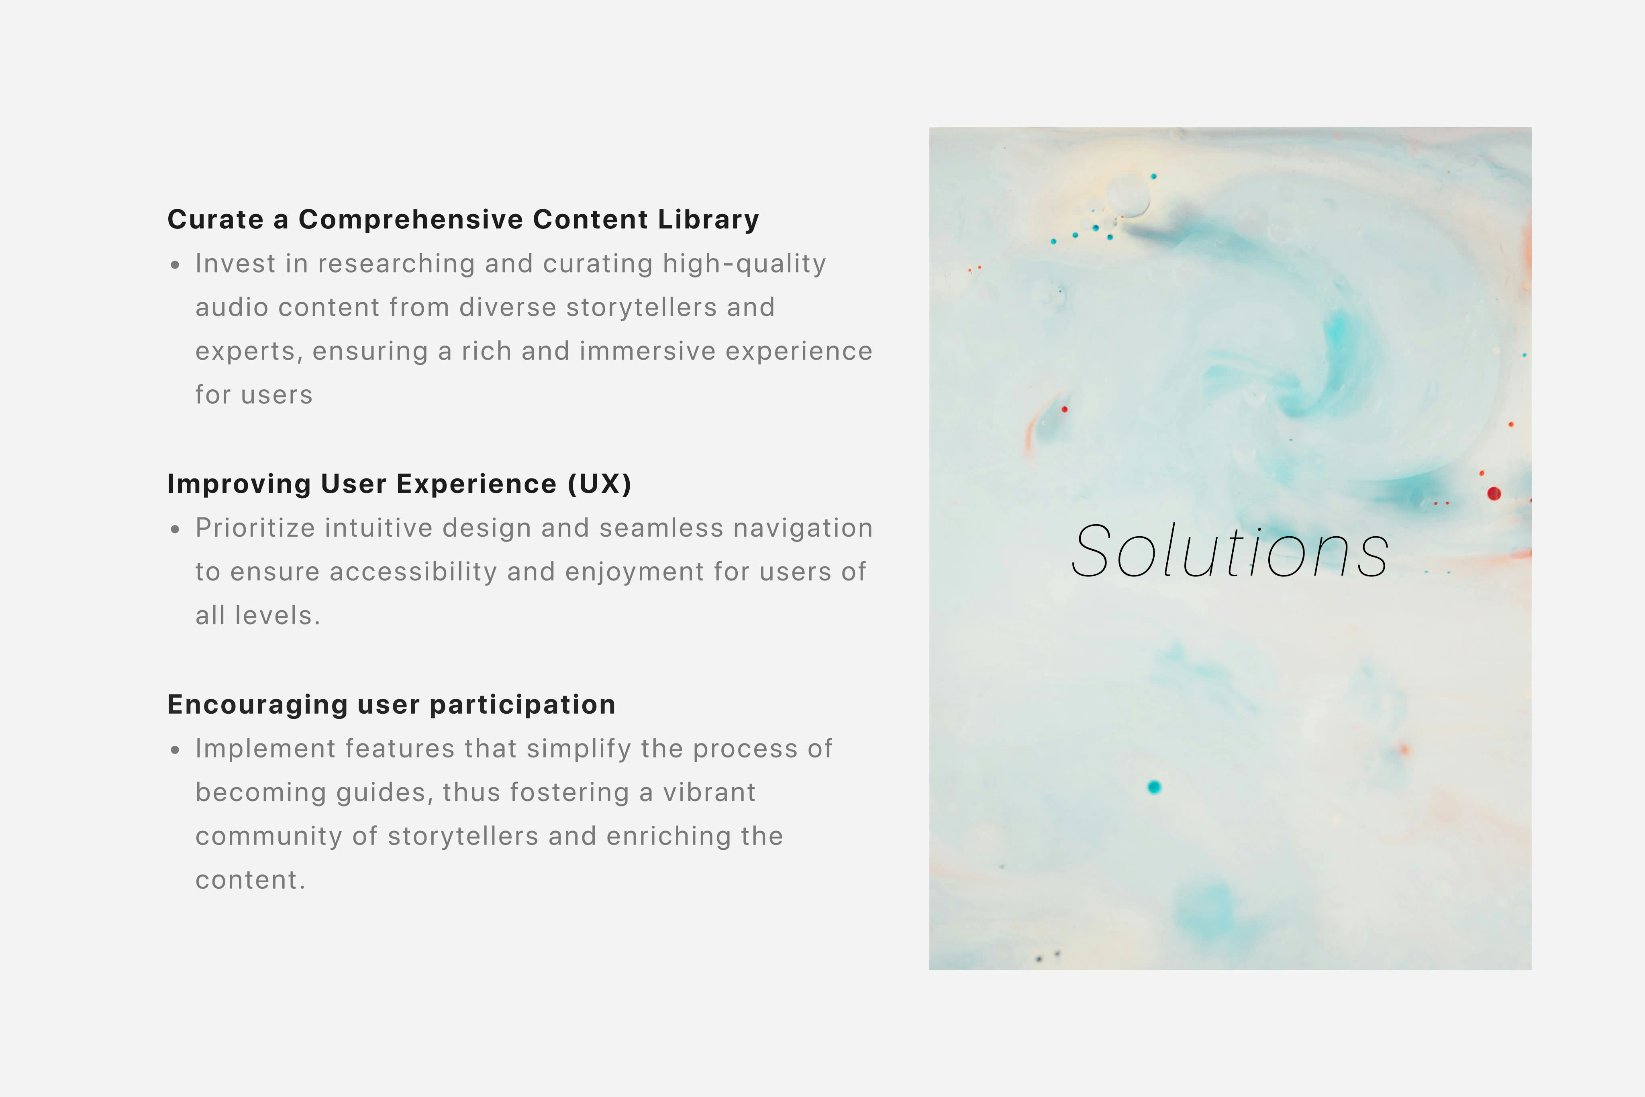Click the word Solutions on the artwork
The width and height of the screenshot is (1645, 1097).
pyautogui.click(x=1229, y=552)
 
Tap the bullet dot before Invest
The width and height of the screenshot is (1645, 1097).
pyautogui.click(x=175, y=265)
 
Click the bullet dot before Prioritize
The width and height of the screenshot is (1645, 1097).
pyautogui.click(x=175, y=529)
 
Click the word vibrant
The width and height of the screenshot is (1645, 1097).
pyautogui.click(x=709, y=793)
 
